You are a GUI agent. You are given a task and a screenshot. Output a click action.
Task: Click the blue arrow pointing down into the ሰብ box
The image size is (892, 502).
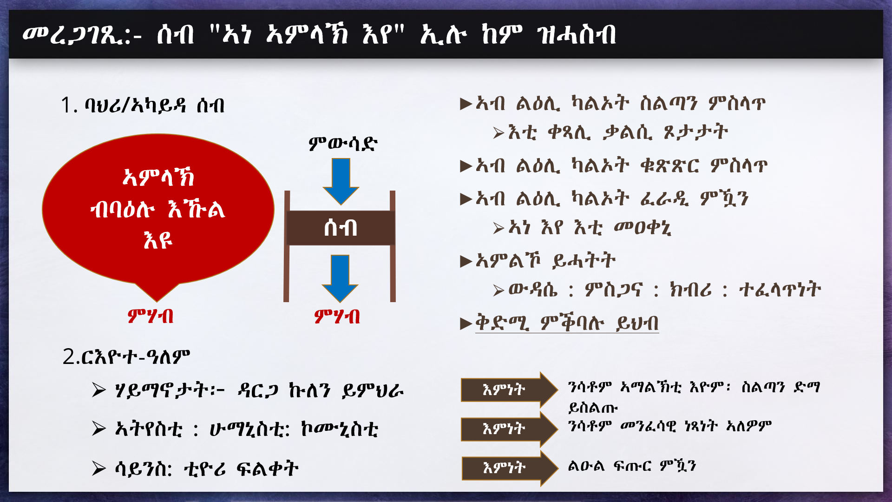[x=341, y=181]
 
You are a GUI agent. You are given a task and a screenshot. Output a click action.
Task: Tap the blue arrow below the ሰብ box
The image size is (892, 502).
[x=340, y=278]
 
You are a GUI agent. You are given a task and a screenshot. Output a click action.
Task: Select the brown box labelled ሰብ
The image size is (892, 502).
[x=341, y=228]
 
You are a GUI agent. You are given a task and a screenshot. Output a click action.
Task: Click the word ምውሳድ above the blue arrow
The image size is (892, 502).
[x=343, y=143]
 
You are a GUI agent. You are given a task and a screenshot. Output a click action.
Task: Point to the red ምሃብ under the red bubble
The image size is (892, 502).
[x=151, y=317]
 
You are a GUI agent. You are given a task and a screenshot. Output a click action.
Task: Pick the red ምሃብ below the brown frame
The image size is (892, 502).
[x=337, y=317]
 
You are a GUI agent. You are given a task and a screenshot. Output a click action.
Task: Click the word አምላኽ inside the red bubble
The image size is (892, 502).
[x=158, y=177]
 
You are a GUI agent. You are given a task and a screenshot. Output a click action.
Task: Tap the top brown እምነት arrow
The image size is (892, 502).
[x=509, y=390]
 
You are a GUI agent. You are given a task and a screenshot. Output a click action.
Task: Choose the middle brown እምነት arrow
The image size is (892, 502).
[x=509, y=429]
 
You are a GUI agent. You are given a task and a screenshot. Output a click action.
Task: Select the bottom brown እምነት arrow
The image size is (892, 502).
[x=510, y=468]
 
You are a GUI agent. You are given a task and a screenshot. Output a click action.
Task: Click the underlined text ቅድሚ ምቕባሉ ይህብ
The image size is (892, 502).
[x=567, y=323]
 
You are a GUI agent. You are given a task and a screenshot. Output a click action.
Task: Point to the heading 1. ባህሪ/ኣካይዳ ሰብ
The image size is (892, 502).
[x=143, y=105]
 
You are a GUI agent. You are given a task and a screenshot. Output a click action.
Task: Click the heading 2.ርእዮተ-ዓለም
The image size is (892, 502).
[x=126, y=357]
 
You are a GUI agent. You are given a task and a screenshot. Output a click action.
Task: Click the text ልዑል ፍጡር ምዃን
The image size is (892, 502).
[x=632, y=465]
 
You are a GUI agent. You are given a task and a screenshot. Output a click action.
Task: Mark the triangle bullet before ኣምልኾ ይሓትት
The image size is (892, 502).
[x=466, y=261]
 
